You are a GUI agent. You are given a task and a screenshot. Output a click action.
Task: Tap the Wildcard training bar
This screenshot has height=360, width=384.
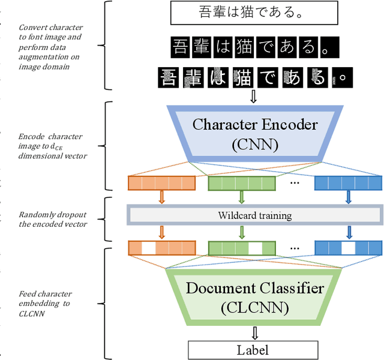pyautogui.click(x=254, y=214)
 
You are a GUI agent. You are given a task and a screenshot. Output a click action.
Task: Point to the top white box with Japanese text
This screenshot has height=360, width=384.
pyautogui.click(x=251, y=13)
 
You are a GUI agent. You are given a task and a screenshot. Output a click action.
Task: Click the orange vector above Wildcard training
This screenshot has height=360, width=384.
pyautogui.click(x=162, y=183)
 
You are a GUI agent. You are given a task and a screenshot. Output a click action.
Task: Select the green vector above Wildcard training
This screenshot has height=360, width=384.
pyautogui.click(x=241, y=183)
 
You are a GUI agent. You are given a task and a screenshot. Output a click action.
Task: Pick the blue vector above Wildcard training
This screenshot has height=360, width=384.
pyautogui.click(x=348, y=183)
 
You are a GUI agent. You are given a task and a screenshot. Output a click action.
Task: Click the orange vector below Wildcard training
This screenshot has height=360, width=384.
pyautogui.click(x=162, y=247)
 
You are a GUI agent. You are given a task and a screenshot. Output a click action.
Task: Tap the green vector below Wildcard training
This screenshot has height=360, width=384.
pyautogui.click(x=241, y=247)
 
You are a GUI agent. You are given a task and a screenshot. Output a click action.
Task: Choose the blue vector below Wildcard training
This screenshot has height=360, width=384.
pyautogui.click(x=348, y=247)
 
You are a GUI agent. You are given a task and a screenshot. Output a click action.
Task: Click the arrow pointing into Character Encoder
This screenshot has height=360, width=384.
pyautogui.click(x=253, y=96)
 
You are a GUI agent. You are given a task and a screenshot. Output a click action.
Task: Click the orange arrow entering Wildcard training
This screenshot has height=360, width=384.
pyautogui.click(x=163, y=197)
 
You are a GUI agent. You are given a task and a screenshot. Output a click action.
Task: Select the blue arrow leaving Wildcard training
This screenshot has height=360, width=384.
pyautogui.click(x=349, y=231)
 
